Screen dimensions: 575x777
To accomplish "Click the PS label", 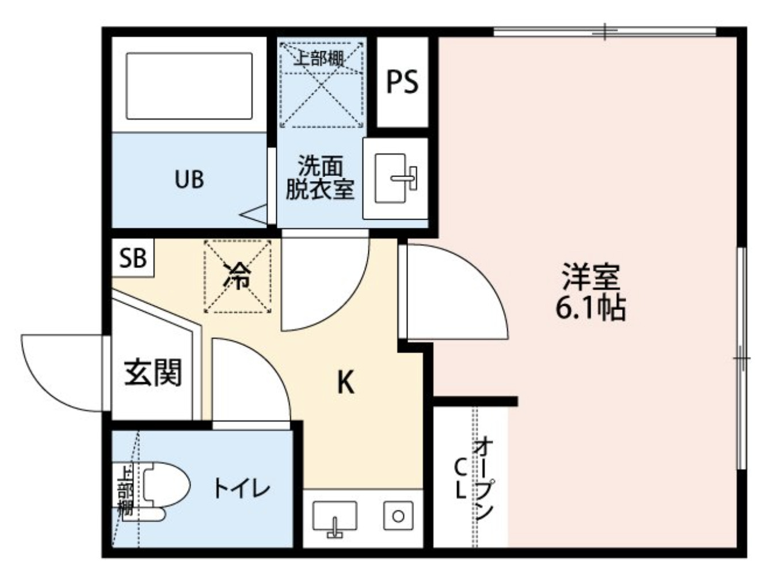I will click(x=402, y=82).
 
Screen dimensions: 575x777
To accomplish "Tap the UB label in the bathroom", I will click(x=189, y=179).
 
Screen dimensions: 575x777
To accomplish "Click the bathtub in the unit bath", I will click(x=189, y=86).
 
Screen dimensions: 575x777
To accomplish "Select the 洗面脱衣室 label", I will click(x=319, y=178).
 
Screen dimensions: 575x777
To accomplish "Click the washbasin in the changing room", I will click(x=395, y=178).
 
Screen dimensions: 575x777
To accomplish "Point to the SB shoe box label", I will click(x=133, y=258).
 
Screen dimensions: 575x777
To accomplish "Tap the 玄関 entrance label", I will click(x=153, y=373).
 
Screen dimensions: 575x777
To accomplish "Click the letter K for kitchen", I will click(x=345, y=381).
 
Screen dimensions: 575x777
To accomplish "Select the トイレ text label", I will click(x=242, y=489).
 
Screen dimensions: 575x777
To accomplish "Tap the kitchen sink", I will click(x=334, y=517).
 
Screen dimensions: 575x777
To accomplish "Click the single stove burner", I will click(x=398, y=516).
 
